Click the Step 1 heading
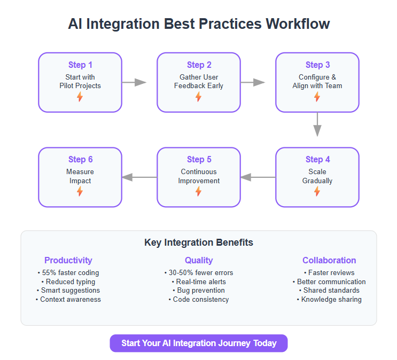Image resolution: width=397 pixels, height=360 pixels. tap(80, 65)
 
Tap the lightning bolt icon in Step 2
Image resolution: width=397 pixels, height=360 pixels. tap(199, 97)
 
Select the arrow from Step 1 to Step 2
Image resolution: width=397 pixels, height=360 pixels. tap(134, 82)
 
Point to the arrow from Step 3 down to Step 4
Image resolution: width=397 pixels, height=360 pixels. tap(317, 124)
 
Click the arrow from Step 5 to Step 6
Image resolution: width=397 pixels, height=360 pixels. tap(139, 177)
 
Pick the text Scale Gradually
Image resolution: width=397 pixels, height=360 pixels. tap(317, 176)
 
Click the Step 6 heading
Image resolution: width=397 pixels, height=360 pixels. tap(80, 160)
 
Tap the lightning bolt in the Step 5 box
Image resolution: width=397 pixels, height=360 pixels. tap(199, 191)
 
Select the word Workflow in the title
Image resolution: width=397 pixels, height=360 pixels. tap(298, 24)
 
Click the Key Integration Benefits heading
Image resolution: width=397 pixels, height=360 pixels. tap(199, 242)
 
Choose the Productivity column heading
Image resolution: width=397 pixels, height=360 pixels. tap(68, 260)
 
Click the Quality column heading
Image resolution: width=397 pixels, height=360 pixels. tap(199, 260)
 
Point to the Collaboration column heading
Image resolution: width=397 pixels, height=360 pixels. tap(329, 260)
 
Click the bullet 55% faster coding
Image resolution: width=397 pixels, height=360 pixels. tap(68, 272)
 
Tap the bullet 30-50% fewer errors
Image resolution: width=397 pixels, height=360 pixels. tap(199, 272)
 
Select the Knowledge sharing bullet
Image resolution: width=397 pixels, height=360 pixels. tap(329, 300)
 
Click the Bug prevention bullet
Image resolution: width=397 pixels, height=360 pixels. tap(199, 291)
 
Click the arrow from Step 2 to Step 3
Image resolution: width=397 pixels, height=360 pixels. tap(253, 82)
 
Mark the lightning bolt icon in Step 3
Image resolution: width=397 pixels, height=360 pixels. tap(317, 97)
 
